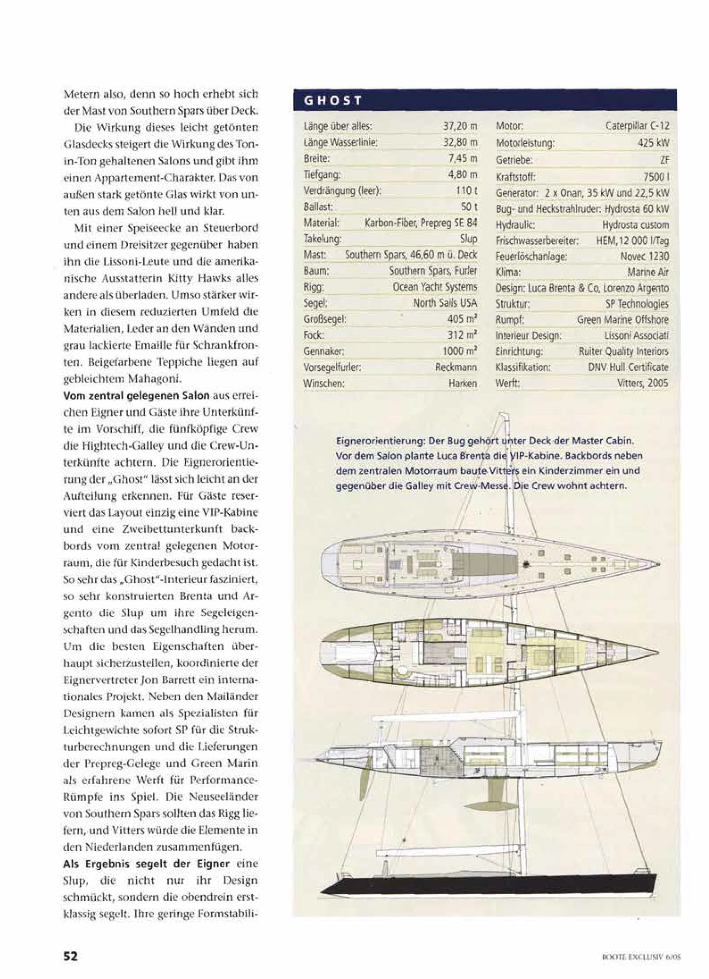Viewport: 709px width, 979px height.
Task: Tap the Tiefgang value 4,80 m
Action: coord(463,175)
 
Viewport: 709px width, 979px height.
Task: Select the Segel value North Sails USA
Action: coord(445,303)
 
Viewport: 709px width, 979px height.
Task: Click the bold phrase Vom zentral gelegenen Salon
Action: coord(136,396)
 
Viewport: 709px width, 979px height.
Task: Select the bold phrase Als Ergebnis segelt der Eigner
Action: coord(146,864)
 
